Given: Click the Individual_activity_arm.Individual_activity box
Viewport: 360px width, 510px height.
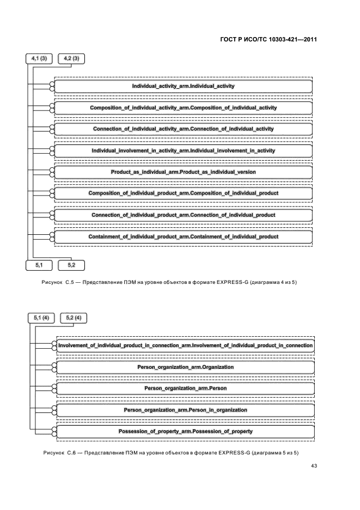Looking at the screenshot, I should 183,86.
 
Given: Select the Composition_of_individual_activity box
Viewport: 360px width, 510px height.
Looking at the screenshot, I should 183,108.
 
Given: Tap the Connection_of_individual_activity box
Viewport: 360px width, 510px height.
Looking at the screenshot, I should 183,129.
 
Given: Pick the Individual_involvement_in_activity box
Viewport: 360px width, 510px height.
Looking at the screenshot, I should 183,150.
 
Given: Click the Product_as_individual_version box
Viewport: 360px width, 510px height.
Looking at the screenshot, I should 183,172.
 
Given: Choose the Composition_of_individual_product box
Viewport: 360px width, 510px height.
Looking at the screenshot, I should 183,193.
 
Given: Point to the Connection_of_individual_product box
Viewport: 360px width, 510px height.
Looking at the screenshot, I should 183,215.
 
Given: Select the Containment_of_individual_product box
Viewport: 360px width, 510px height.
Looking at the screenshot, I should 183,236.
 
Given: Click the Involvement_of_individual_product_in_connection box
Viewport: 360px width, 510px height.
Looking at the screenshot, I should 185,345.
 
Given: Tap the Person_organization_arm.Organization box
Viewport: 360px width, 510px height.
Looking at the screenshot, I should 185,367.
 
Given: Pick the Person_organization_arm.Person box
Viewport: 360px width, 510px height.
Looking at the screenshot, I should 185,388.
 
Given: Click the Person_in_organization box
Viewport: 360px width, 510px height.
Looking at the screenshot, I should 185,410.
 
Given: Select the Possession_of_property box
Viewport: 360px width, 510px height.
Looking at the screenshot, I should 185,432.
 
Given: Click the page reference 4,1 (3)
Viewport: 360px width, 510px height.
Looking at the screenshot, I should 40,59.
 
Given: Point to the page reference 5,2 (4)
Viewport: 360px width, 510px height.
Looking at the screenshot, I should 74,317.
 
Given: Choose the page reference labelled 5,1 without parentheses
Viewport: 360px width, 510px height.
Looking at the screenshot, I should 40,265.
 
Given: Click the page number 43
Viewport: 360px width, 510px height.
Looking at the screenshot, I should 314,466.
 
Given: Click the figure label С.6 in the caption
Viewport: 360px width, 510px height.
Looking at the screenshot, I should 73,453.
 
